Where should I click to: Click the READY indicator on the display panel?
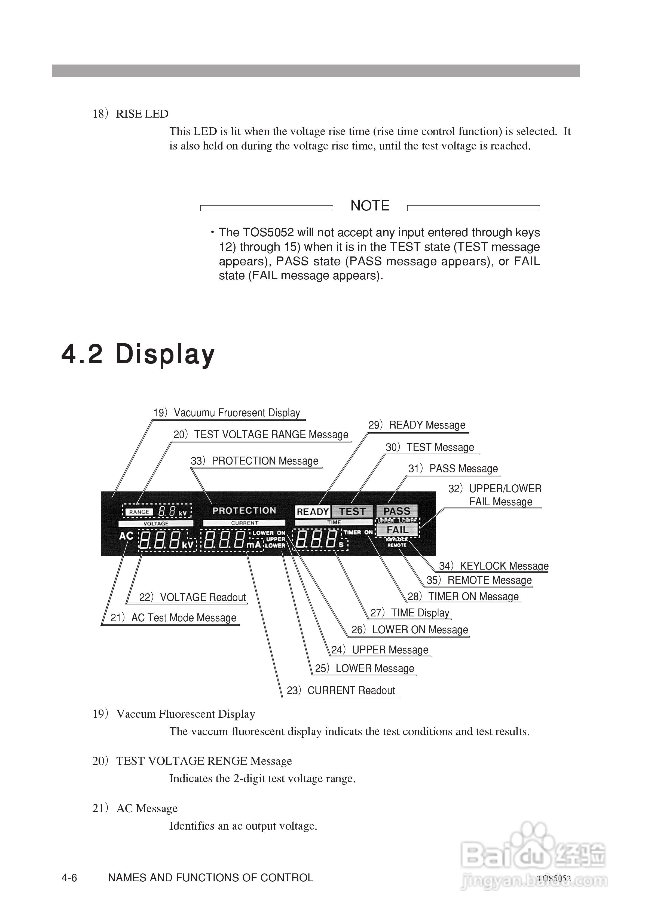coord(312,512)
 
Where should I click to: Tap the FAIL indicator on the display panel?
coord(397,530)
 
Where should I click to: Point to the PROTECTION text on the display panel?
coord(244,511)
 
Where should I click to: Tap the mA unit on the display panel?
coord(254,544)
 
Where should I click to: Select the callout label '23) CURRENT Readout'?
coord(341,690)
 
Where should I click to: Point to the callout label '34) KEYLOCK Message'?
coord(494,566)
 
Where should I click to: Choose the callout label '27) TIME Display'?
coord(410,613)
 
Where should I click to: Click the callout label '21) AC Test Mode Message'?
coord(173,618)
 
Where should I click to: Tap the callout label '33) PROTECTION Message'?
coord(255,461)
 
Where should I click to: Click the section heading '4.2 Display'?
coord(138,354)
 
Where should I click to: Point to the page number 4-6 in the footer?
coord(69,878)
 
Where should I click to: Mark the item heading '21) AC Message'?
coord(135,808)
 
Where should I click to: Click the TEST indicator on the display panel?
coord(352,512)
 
